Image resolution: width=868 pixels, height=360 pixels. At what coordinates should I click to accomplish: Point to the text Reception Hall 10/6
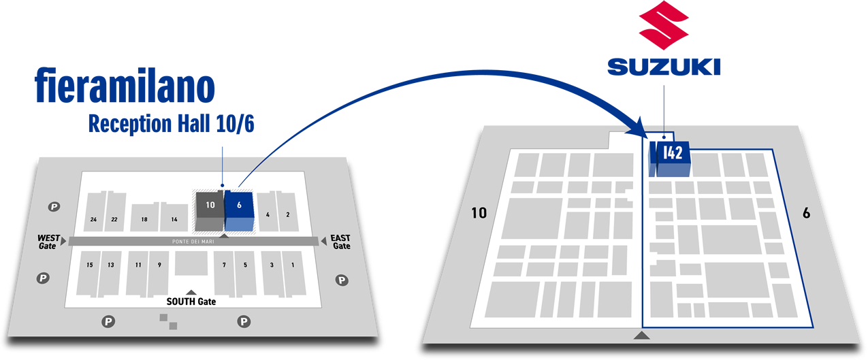click(171, 124)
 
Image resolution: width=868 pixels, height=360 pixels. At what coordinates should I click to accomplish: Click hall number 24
click(93, 219)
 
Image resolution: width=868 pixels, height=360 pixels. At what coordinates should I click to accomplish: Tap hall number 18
click(144, 219)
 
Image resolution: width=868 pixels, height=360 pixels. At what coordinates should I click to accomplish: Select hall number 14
click(174, 219)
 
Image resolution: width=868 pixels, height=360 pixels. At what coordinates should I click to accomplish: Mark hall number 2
click(288, 215)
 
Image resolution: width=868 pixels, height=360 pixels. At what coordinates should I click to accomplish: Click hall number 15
click(90, 265)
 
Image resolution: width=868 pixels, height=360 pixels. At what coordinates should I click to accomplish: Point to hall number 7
click(224, 265)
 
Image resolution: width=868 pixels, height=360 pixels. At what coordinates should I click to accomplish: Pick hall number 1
click(293, 265)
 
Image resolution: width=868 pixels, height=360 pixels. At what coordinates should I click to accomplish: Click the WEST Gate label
click(49, 242)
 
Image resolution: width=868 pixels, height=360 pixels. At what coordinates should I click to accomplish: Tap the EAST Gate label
click(340, 242)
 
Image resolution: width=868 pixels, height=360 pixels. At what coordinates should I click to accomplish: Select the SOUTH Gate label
click(191, 301)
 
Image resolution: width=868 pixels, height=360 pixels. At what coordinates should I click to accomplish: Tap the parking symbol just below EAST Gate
click(342, 280)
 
